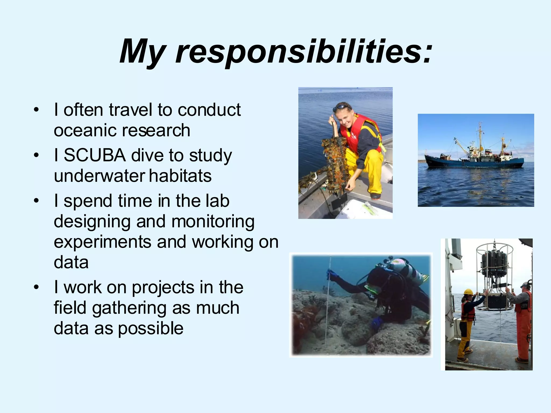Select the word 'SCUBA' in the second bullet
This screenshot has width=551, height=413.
95,155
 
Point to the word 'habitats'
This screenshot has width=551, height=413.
180,176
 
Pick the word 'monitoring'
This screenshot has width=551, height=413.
213,222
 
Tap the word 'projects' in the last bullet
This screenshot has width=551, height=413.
163,287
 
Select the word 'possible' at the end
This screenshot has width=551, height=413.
151,328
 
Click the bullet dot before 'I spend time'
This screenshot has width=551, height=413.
36,201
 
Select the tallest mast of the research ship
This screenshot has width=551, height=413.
480,134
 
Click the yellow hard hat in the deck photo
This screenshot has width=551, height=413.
468,292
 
